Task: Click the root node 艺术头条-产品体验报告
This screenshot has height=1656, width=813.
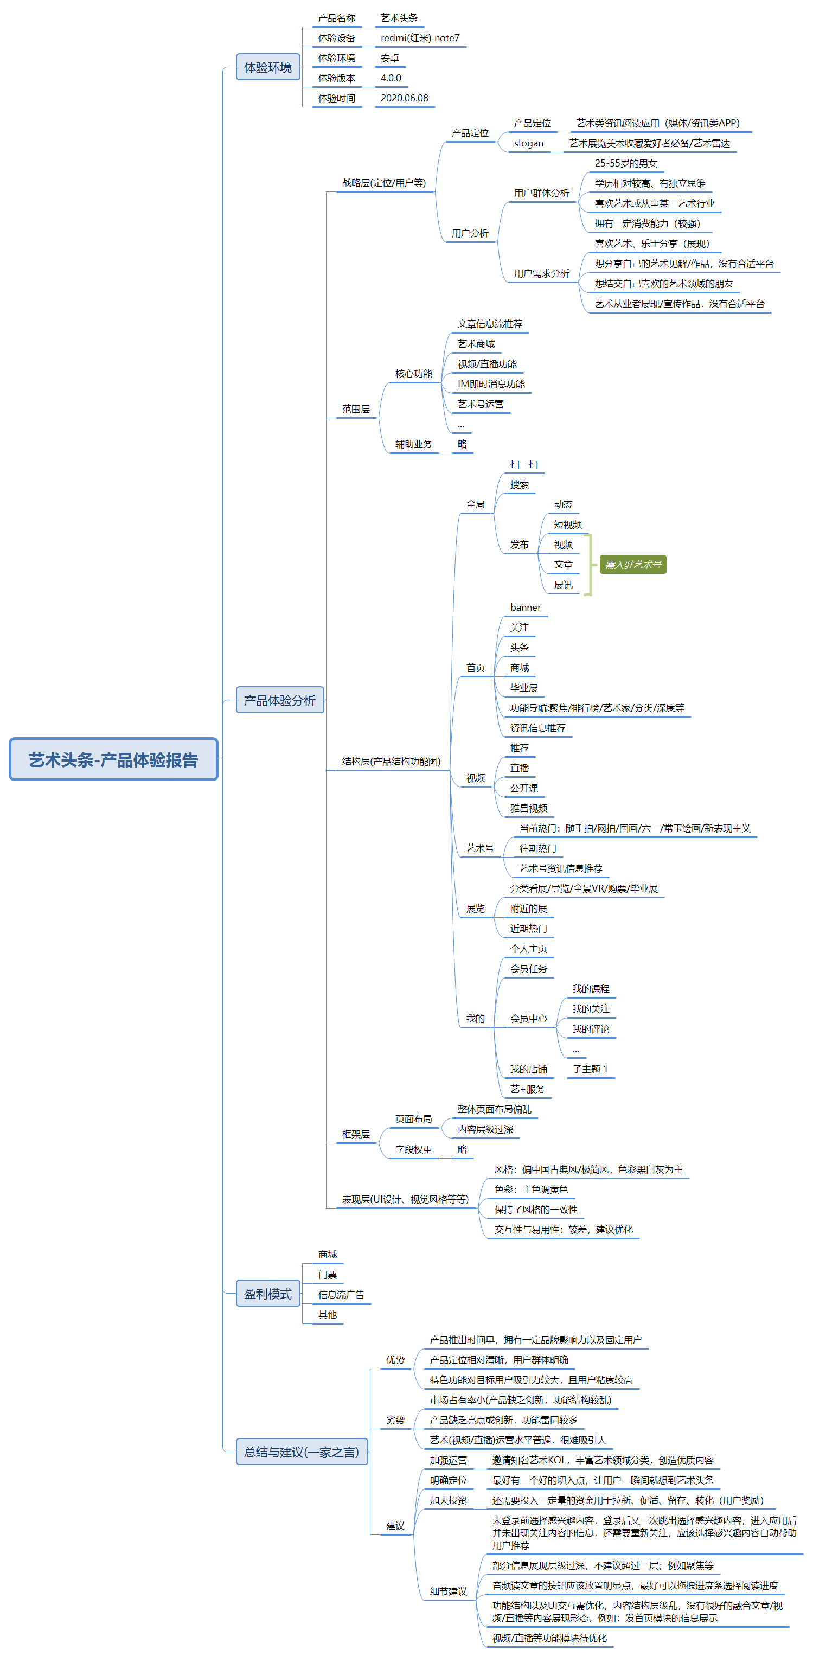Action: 113,759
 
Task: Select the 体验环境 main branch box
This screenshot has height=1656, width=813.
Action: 268,67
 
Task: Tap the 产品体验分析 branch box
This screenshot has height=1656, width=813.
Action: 279,700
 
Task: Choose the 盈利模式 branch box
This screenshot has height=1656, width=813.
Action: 268,1294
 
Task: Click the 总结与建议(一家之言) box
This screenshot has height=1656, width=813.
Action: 302,1452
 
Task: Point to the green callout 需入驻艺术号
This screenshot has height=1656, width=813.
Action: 633,565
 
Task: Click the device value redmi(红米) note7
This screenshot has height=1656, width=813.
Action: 420,38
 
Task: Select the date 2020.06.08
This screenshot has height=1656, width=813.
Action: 404,98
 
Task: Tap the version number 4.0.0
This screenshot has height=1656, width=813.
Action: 391,78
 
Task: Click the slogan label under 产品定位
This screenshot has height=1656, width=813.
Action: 528,143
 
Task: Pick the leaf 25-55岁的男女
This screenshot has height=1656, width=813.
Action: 625,163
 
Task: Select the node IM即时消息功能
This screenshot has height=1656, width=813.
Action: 491,384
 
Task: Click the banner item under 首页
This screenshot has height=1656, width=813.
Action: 525,608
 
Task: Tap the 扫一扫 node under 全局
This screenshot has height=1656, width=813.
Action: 524,464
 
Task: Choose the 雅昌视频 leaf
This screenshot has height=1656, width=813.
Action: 528,808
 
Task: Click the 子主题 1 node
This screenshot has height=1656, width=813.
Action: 590,1069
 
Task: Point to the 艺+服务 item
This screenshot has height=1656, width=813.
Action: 527,1089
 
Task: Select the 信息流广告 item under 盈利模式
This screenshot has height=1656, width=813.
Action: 341,1295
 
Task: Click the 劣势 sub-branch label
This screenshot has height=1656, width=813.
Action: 395,1420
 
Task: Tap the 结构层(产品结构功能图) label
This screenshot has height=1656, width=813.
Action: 391,761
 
